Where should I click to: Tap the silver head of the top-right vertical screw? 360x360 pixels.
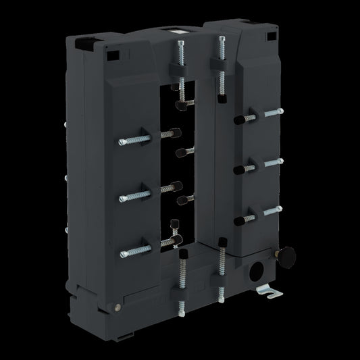click(218, 42)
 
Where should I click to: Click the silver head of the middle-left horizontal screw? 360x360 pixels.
click(123, 198)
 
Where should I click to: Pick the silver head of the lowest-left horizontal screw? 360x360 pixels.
click(124, 253)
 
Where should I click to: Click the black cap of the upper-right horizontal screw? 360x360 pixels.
click(238, 120)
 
